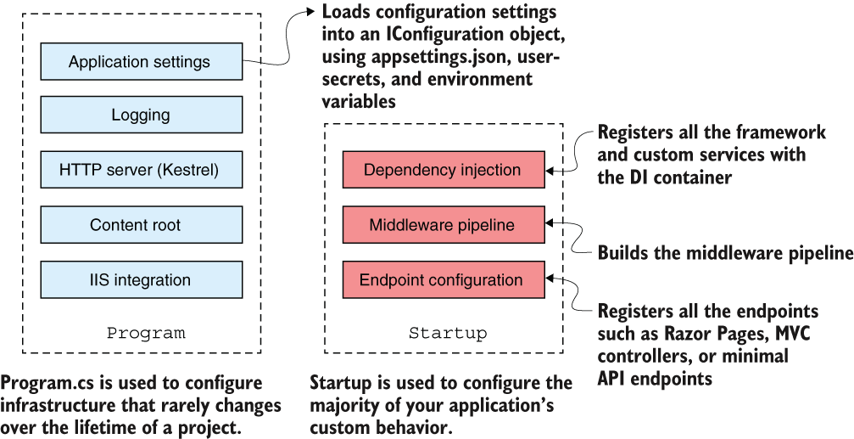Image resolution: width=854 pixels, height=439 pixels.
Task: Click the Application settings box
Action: click(142, 62)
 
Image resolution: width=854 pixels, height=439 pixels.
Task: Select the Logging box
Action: click(142, 115)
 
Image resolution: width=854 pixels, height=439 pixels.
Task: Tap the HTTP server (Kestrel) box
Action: click(142, 170)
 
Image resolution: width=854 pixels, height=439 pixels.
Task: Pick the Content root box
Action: click(142, 225)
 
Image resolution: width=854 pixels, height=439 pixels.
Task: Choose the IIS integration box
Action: click(142, 279)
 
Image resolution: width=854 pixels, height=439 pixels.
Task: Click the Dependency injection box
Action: click(444, 170)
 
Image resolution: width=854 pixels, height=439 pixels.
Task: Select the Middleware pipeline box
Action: click(444, 225)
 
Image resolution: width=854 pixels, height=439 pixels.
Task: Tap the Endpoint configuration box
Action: click(444, 279)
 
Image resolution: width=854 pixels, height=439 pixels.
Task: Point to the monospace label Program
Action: click(146, 333)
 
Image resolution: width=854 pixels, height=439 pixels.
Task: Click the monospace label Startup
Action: click(449, 333)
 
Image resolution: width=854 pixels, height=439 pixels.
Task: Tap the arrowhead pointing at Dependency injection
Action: click(550, 170)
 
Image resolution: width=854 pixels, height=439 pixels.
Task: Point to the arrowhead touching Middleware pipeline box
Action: click(550, 222)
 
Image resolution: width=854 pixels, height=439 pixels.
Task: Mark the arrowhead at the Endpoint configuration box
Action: click(550, 278)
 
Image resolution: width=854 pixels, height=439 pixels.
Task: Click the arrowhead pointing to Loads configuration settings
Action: click(310, 11)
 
